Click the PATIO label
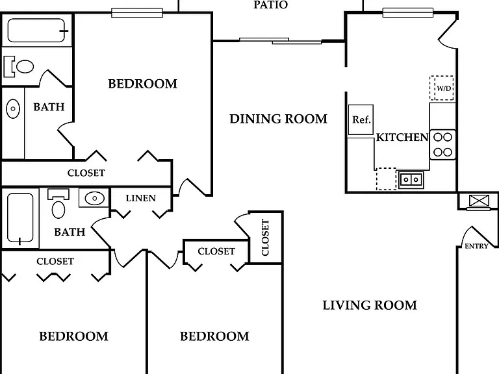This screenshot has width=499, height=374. point(270,5)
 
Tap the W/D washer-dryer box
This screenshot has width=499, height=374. point(441,88)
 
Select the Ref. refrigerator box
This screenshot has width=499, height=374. point(361,119)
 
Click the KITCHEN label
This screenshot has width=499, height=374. point(402,137)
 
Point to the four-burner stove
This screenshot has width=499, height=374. point(442,144)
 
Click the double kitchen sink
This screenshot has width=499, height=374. point(411,180)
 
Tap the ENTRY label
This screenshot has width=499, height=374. point(476,246)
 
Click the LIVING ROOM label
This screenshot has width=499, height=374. point(370,305)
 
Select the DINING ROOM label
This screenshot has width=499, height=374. point(279,119)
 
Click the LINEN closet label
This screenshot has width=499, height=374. point(140,198)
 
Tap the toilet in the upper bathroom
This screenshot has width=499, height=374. point(18,67)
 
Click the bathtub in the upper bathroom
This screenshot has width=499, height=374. point(37,31)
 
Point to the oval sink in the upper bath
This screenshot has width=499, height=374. point(13,109)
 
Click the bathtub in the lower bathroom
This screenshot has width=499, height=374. point(20,218)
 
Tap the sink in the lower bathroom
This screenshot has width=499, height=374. point(94,198)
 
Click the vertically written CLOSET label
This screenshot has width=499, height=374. point(265,237)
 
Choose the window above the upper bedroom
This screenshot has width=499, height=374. point(137,13)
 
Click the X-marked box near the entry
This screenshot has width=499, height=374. point(479,201)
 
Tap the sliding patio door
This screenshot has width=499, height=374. point(281,41)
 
